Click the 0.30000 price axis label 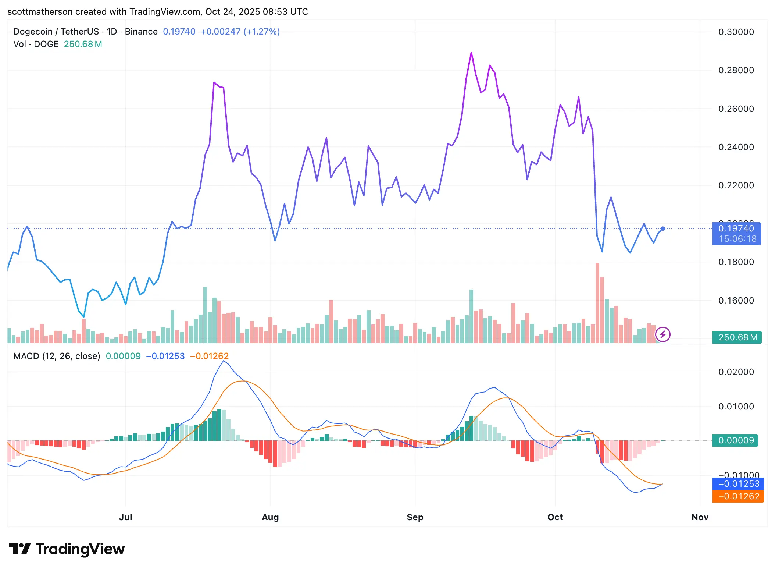(x=736, y=32)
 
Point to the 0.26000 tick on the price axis (x=736, y=109)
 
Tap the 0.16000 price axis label (x=736, y=301)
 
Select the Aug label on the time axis (x=270, y=517)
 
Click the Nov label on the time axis (x=700, y=517)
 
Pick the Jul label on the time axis (x=125, y=517)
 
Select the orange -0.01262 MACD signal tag (x=738, y=496)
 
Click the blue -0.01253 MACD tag (x=738, y=484)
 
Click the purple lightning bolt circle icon (x=663, y=334)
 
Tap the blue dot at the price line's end (x=663, y=228)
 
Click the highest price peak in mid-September (x=471, y=53)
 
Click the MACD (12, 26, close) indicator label (x=57, y=356)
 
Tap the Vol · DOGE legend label (x=36, y=44)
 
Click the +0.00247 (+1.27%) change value (x=240, y=32)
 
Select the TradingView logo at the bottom (x=67, y=549)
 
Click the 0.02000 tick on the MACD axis (x=736, y=372)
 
